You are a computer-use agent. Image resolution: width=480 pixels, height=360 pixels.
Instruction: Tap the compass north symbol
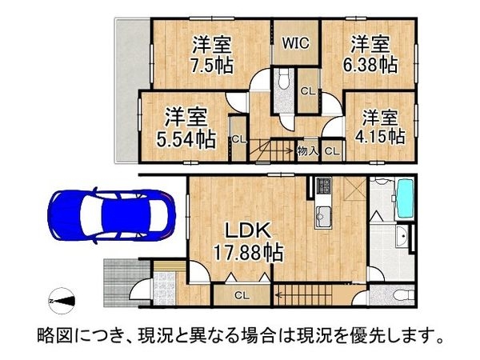pos(63,299)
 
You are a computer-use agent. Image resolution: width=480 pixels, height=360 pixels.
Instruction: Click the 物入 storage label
pos(307,150)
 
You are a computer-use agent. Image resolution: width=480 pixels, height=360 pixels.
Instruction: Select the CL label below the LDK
pos(241,295)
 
